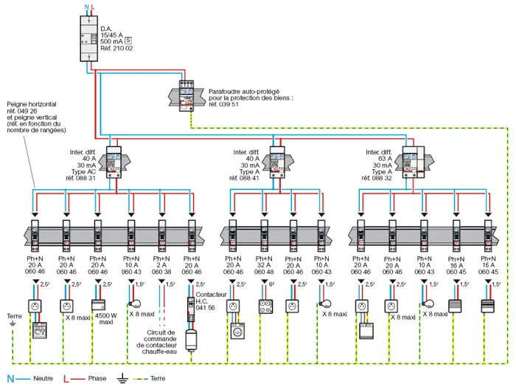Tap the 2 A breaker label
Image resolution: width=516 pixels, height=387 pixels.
point(161,265)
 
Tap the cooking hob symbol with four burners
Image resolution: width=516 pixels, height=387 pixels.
point(266,305)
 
